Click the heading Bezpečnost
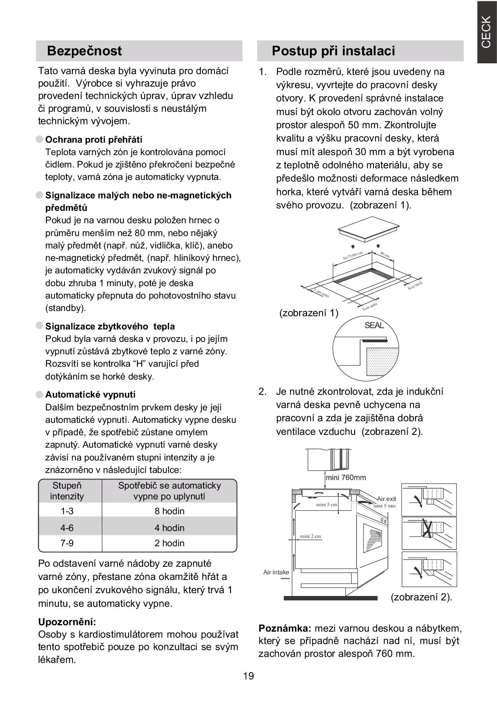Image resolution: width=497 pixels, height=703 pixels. point(84,51)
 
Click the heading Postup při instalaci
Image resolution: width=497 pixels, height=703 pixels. point(333,51)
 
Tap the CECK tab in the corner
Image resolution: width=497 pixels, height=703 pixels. point(486,32)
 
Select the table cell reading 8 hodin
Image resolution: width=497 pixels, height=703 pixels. point(170,511)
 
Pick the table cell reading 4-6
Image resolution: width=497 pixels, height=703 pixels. point(67,528)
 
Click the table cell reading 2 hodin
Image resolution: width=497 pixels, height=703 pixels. point(170,543)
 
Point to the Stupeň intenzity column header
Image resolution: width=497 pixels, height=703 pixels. point(67,491)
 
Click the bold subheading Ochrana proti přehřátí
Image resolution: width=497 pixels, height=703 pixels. point(93,139)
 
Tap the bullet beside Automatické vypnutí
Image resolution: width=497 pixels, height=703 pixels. point(39,394)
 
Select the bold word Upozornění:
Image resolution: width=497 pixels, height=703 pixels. point(67,622)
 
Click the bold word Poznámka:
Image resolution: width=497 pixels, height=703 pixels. point(285,628)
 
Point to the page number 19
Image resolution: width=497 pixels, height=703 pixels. point(248,676)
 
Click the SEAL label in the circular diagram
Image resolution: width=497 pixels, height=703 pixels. point(374,325)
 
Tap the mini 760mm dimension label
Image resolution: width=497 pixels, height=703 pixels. point(346,477)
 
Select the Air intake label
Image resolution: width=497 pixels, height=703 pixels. point(276,572)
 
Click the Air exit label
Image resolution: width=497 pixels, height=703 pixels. point(386,499)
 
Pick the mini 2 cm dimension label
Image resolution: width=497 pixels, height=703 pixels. point(311,536)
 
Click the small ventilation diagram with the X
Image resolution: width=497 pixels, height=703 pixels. point(429,533)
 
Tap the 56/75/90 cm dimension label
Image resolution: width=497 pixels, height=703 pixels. point(353,256)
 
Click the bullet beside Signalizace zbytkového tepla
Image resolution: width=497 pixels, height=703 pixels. point(39,326)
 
